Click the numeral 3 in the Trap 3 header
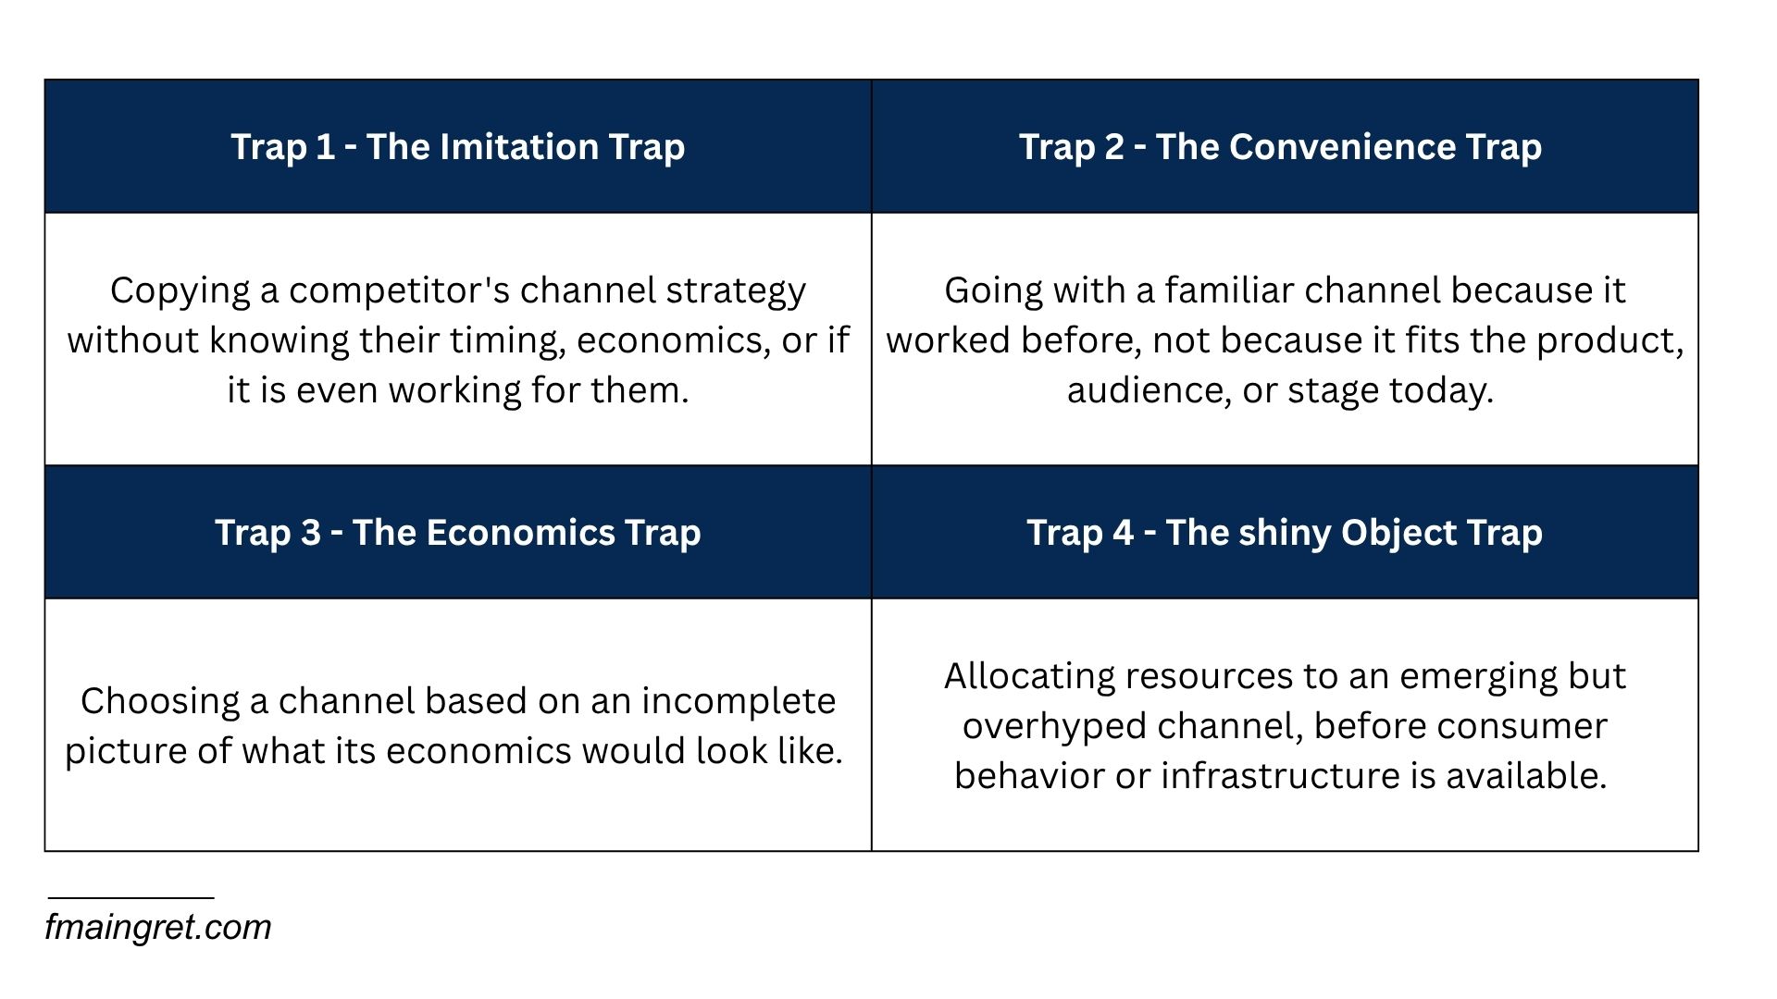[310, 533]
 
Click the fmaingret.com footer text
[158, 928]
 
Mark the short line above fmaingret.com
[131, 897]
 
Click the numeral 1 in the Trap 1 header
[325, 147]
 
